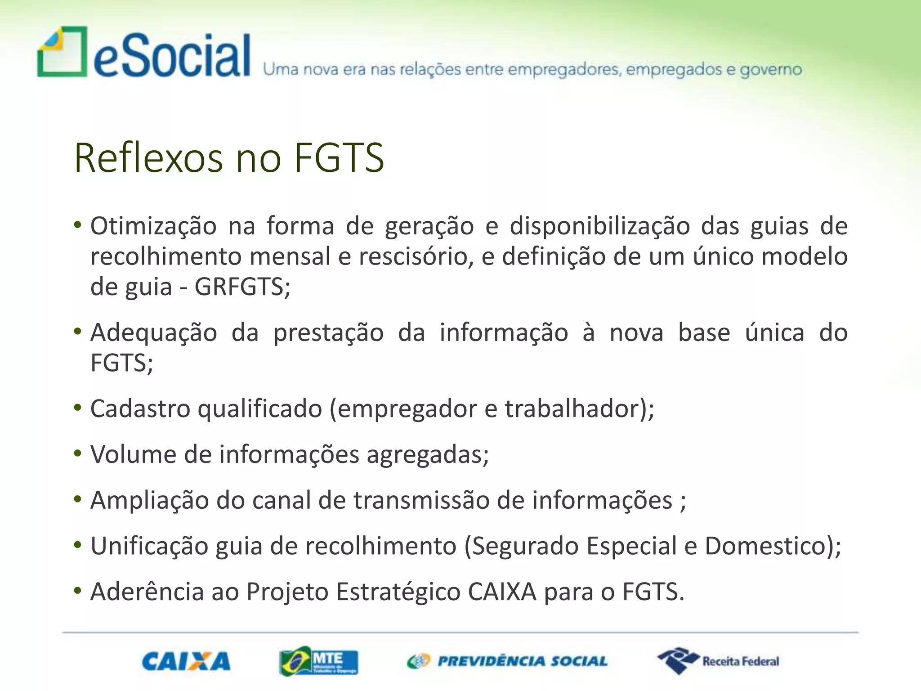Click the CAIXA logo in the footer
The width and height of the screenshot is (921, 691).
tap(186, 661)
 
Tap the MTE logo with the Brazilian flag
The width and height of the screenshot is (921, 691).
tap(318, 661)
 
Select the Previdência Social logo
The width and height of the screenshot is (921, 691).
tap(507, 661)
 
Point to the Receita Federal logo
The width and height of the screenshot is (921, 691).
tap(718, 661)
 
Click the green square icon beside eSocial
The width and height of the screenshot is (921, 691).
tap(63, 52)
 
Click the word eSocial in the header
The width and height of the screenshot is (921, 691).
tap(172, 56)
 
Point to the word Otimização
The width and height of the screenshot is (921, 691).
tap(153, 226)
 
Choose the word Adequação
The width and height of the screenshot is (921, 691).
tap(153, 333)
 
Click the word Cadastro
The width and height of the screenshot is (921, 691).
tap(140, 408)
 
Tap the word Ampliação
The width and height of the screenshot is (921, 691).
tap(149, 500)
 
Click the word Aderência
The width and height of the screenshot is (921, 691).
tap(147, 592)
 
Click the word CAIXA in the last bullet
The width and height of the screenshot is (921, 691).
tap(502, 592)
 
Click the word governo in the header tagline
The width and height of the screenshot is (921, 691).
tap(771, 70)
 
